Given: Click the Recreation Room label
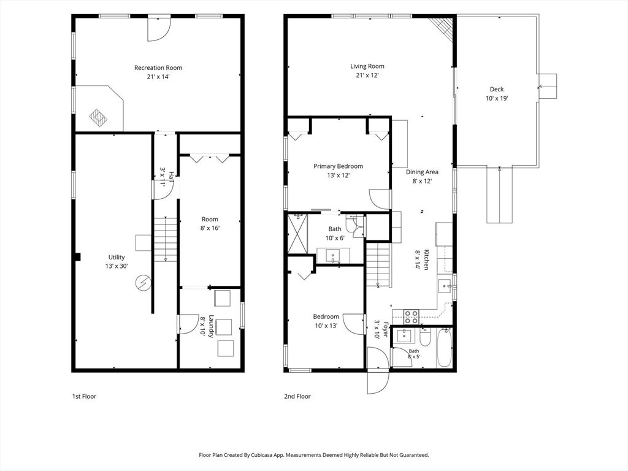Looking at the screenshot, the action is click(158, 67).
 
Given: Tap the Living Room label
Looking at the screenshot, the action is click(367, 66).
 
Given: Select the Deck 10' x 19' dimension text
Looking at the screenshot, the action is click(497, 98).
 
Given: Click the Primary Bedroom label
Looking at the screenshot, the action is click(338, 166).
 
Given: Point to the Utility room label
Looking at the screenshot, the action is click(117, 257).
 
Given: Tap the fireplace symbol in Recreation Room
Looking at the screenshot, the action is click(98, 117).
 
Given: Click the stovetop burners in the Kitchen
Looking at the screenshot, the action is click(410, 316).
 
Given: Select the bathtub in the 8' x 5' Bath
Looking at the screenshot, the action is click(444, 348).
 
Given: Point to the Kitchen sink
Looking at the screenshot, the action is click(445, 286).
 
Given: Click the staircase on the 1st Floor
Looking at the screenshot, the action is click(166, 240).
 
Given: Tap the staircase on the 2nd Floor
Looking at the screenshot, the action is click(378, 265).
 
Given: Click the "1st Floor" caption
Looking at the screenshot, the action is click(84, 397).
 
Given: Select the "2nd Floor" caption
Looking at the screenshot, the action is click(297, 397).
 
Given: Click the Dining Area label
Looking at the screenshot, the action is click(422, 172).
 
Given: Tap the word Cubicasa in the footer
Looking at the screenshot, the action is click(262, 455).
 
